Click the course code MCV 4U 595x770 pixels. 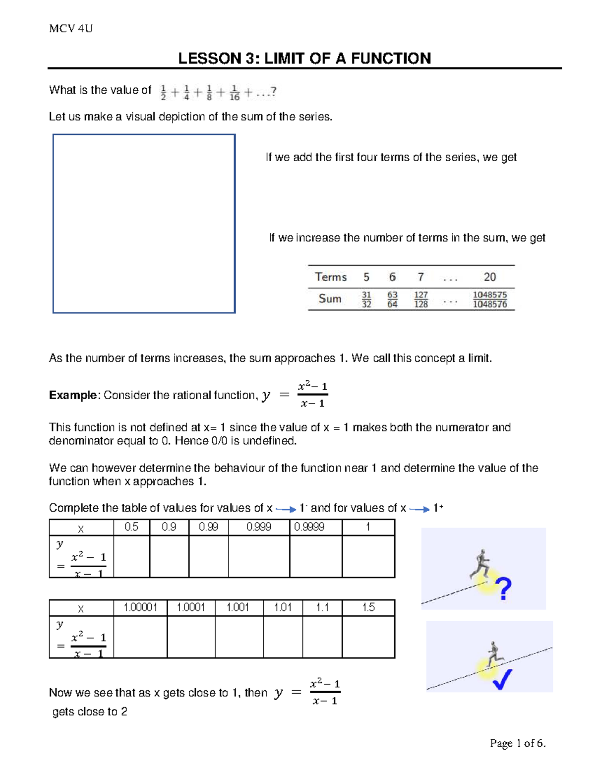coord(70,29)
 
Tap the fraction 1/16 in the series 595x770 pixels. coord(235,93)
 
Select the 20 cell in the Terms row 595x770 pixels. coord(489,277)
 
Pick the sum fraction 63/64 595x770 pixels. coord(392,299)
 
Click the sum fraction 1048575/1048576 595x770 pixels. coord(489,299)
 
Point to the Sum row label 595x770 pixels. coord(330,298)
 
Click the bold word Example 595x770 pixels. coord(73,395)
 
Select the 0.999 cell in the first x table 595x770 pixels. coord(258,527)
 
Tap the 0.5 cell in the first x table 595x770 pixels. coord(131,527)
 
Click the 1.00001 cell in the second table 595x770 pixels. coord(140,607)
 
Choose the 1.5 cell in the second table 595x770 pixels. coord(368,607)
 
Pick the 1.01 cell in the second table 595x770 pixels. coord(283,607)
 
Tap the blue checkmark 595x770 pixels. coord(502,679)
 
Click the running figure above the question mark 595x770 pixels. coord(480,564)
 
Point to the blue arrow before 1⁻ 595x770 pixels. coord(286,509)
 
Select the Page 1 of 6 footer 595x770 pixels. coord(517,743)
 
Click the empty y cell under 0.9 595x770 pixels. coord(169,557)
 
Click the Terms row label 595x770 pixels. coord(331,277)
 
